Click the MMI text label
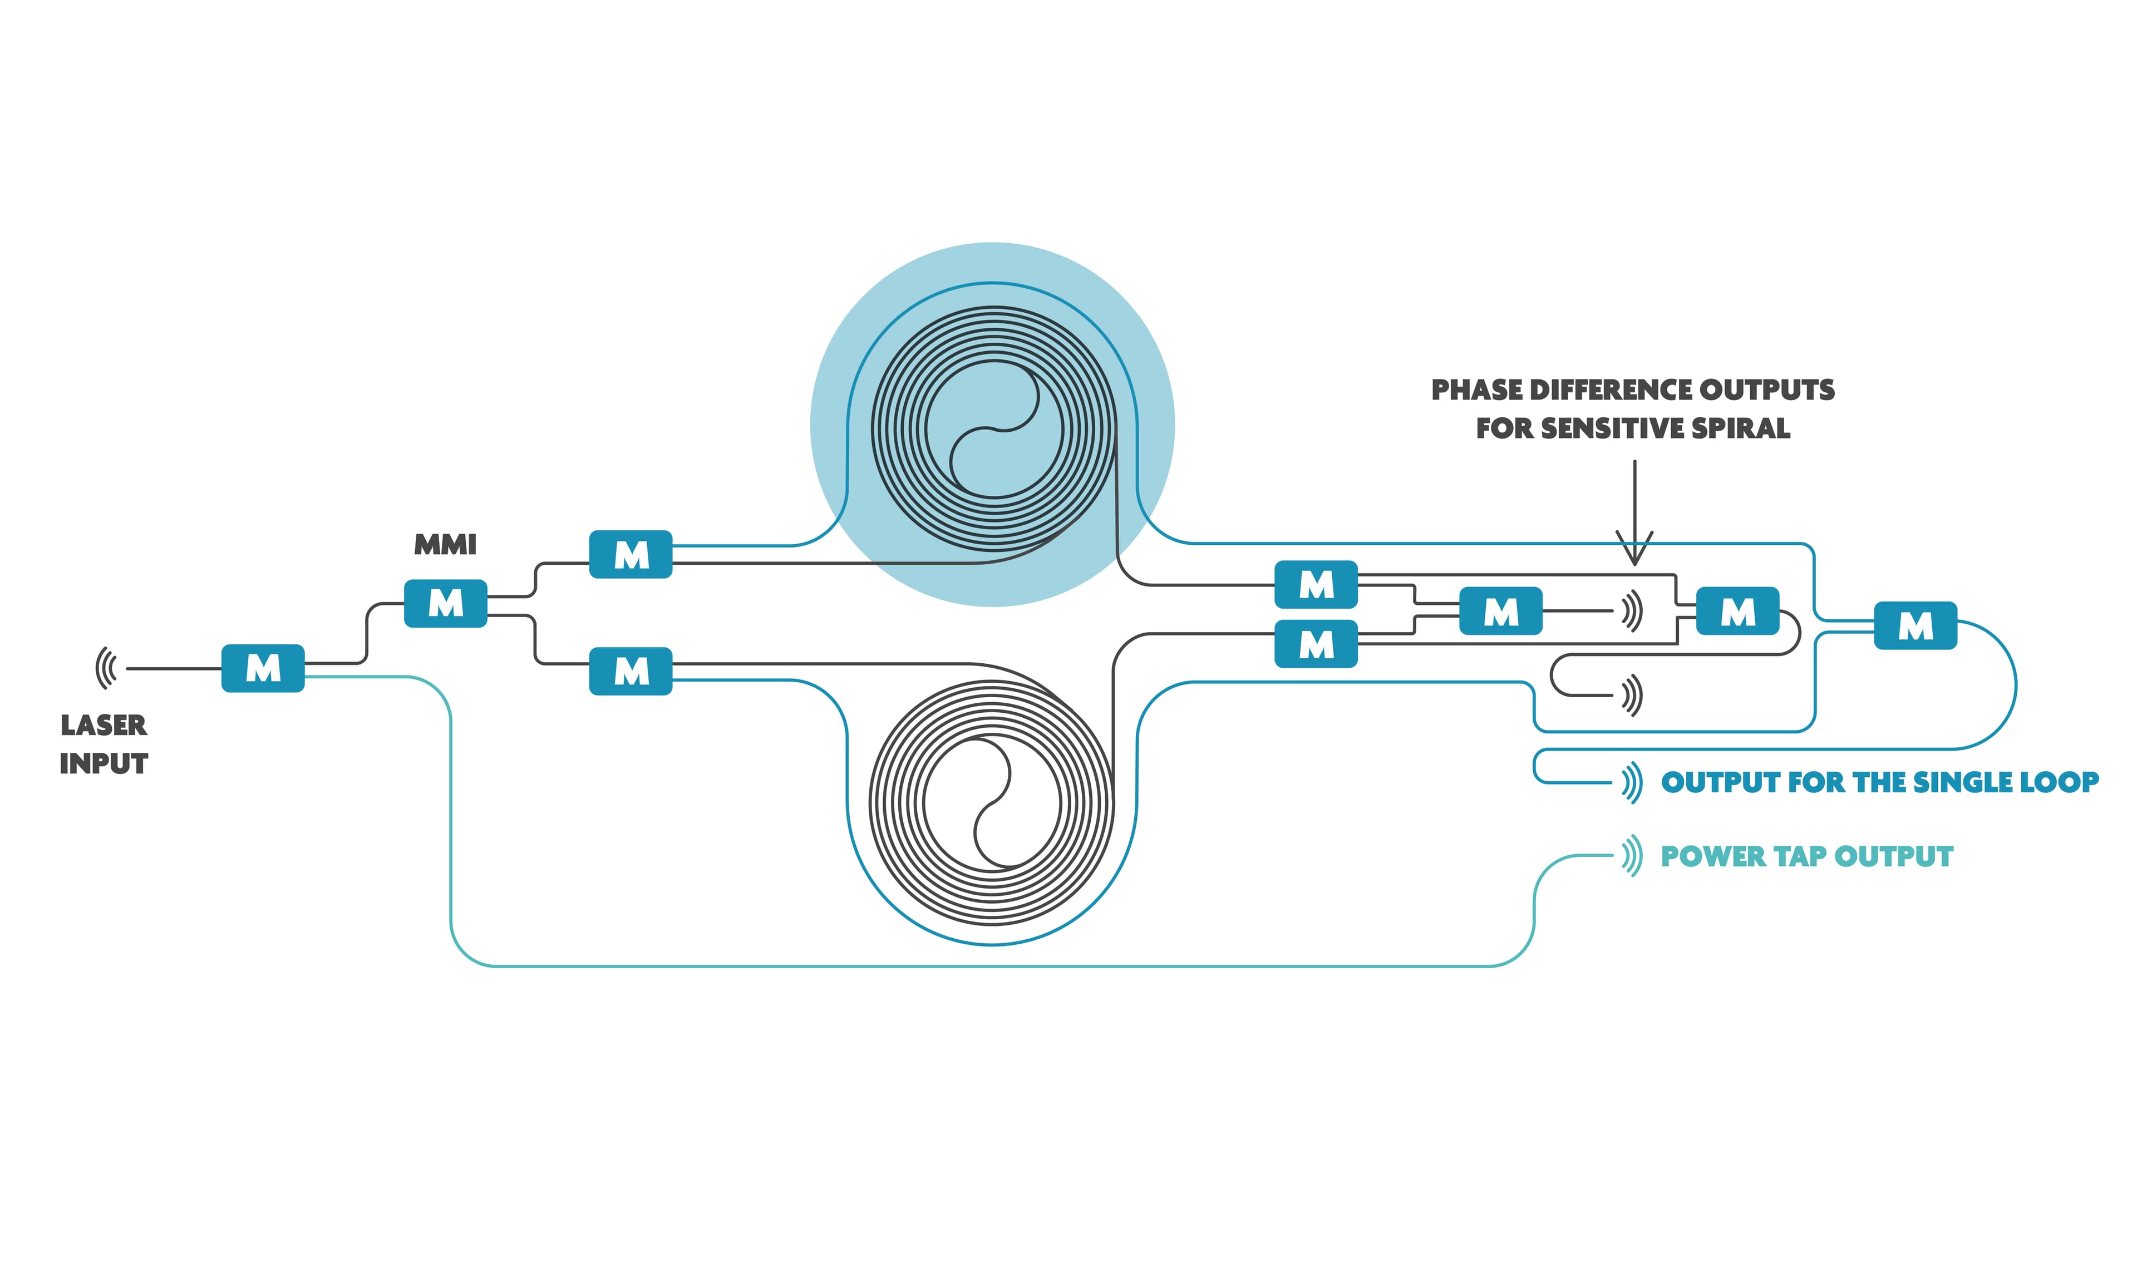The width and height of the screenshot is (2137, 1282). point(445,544)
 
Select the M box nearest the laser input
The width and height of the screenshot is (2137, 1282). point(263,668)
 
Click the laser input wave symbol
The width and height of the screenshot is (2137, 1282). point(106,668)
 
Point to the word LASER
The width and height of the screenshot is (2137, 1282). point(104,725)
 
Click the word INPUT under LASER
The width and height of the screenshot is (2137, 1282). point(104,763)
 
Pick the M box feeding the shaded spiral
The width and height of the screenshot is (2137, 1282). point(631,554)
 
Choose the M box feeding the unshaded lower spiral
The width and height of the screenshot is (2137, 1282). point(631,670)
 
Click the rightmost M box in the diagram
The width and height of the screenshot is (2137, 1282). point(1915,625)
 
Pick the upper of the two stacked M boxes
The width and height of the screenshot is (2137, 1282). point(1316,585)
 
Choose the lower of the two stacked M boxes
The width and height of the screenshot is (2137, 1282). point(1316,644)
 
